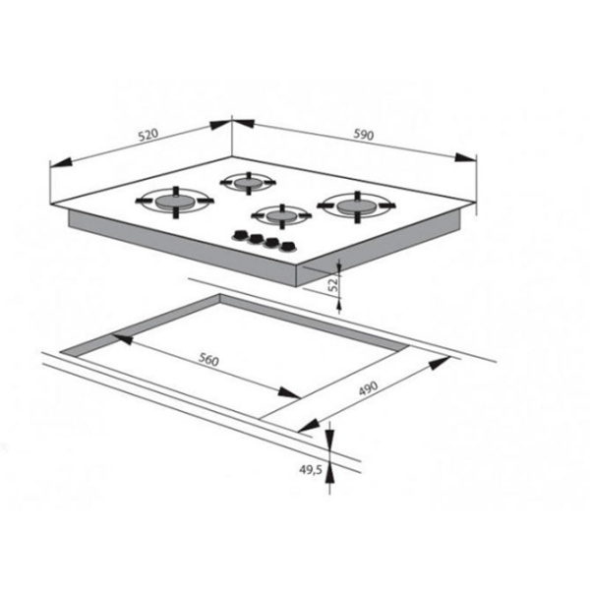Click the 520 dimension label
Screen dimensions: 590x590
148,135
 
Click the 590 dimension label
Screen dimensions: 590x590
364,135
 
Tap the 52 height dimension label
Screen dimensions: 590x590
333,284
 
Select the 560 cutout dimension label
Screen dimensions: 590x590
208,360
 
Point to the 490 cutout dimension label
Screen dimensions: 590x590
368,388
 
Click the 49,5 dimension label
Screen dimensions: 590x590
311,470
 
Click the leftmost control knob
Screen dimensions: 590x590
239,235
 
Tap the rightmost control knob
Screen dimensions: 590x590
287,247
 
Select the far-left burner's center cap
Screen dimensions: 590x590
175,202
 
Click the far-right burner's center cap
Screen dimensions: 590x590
357,206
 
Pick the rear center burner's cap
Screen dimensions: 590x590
248,183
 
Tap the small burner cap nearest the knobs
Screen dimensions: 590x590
281,215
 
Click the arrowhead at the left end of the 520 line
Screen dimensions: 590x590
60,162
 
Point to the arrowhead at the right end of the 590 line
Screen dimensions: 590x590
465,157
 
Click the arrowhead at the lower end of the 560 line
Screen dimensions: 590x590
289,392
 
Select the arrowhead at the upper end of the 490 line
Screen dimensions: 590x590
440,363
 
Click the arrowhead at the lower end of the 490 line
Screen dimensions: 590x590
309,426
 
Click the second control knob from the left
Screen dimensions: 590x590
256,239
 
